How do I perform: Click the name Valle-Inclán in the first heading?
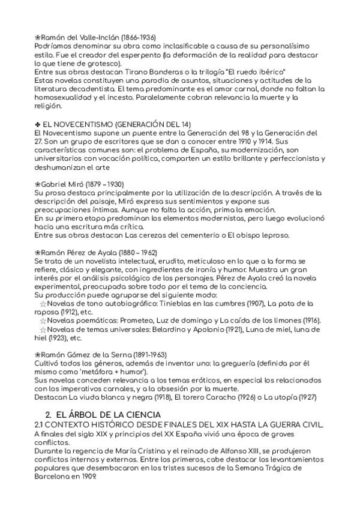point(91,37)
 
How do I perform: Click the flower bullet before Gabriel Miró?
point(38,184)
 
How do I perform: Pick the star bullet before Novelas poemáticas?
point(43,321)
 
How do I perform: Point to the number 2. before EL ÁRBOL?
point(49,415)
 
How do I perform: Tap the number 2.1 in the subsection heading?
point(42,425)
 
